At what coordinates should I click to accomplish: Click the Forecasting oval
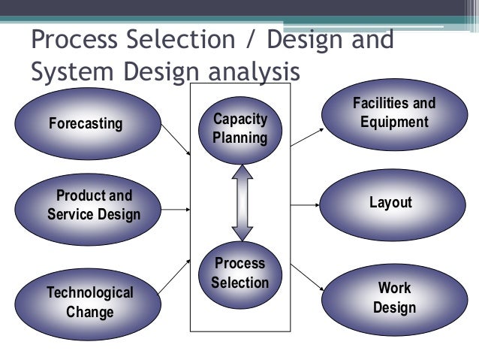(86, 123)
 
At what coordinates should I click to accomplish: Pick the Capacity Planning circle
(239, 129)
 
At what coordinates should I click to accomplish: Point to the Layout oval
(391, 203)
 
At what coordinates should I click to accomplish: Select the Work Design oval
(394, 298)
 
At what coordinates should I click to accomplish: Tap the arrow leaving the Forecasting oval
(177, 139)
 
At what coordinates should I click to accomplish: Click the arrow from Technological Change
(176, 272)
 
